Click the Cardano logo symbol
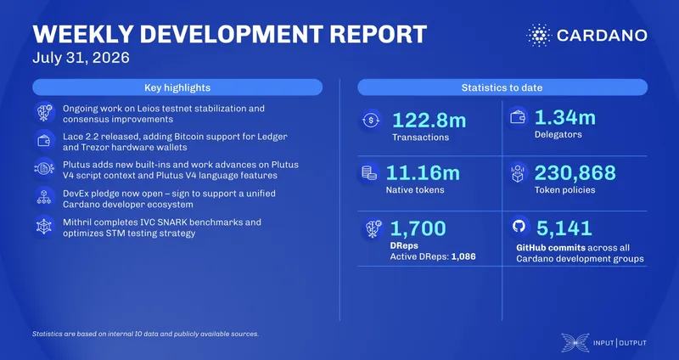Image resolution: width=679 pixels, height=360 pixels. (539, 36)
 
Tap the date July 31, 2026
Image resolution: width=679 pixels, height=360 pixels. (81, 58)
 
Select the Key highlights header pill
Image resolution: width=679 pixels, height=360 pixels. (177, 87)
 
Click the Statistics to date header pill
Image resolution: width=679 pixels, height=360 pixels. (502, 87)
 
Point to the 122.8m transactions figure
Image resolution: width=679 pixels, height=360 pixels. (429, 120)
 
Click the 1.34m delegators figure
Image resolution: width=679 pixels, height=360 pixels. (565, 117)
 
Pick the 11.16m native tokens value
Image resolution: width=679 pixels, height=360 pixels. (423, 173)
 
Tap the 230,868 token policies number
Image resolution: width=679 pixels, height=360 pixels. (575, 173)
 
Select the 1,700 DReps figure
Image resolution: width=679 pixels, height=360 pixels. (418, 228)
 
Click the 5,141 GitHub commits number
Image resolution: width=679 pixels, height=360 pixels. (564, 228)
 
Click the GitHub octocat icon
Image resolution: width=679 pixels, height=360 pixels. (519, 226)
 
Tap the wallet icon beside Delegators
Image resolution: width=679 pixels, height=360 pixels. (518, 117)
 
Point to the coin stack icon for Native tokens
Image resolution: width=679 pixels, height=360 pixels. (369, 173)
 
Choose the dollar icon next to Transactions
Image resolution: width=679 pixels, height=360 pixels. (371, 120)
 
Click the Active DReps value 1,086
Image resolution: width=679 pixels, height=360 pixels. (463, 256)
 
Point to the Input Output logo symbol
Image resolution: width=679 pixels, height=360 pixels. (575, 342)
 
